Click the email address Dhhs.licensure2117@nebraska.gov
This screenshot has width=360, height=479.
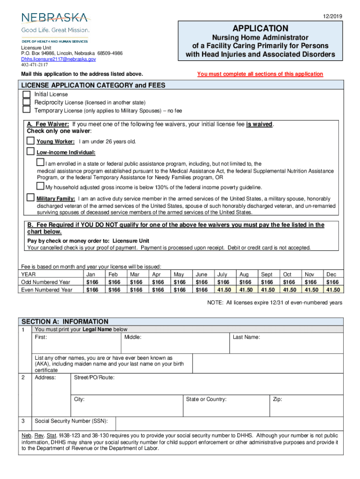pyautogui.click(x=58, y=59)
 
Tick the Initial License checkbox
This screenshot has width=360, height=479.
pyautogui.click(x=27, y=94)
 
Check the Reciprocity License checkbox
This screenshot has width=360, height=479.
pyautogui.click(x=27, y=102)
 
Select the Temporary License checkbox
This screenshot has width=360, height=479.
pyautogui.click(x=27, y=110)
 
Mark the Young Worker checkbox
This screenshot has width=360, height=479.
pyautogui.click(x=30, y=141)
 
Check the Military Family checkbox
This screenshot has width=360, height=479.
pyautogui.click(x=30, y=198)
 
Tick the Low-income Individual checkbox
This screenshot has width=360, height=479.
pyautogui.click(x=30, y=152)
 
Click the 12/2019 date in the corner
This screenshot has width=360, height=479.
pyautogui.click(x=333, y=17)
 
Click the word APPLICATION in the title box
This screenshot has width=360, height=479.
pyautogui.click(x=260, y=28)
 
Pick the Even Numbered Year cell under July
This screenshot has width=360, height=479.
pyautogui.click(x=223, y=290)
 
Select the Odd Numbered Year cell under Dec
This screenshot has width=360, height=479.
pyautogui.click(x=332, y=282)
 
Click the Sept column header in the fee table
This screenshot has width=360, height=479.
pyautogui.click(x=266, y=275)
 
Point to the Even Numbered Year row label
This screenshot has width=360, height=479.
pyautogui.click(x=47, y=290)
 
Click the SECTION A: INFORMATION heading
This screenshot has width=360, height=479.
pyautogui.click(x=65, y=321)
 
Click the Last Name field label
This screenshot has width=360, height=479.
pyautogui.click(x=246, y=337)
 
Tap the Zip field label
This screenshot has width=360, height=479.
pyautogui.click(x=277, y=399)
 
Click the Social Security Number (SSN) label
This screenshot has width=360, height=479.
pyautogui.click(x=72, y=421)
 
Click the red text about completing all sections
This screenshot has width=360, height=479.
pyautogui.click(x=260, y=74)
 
